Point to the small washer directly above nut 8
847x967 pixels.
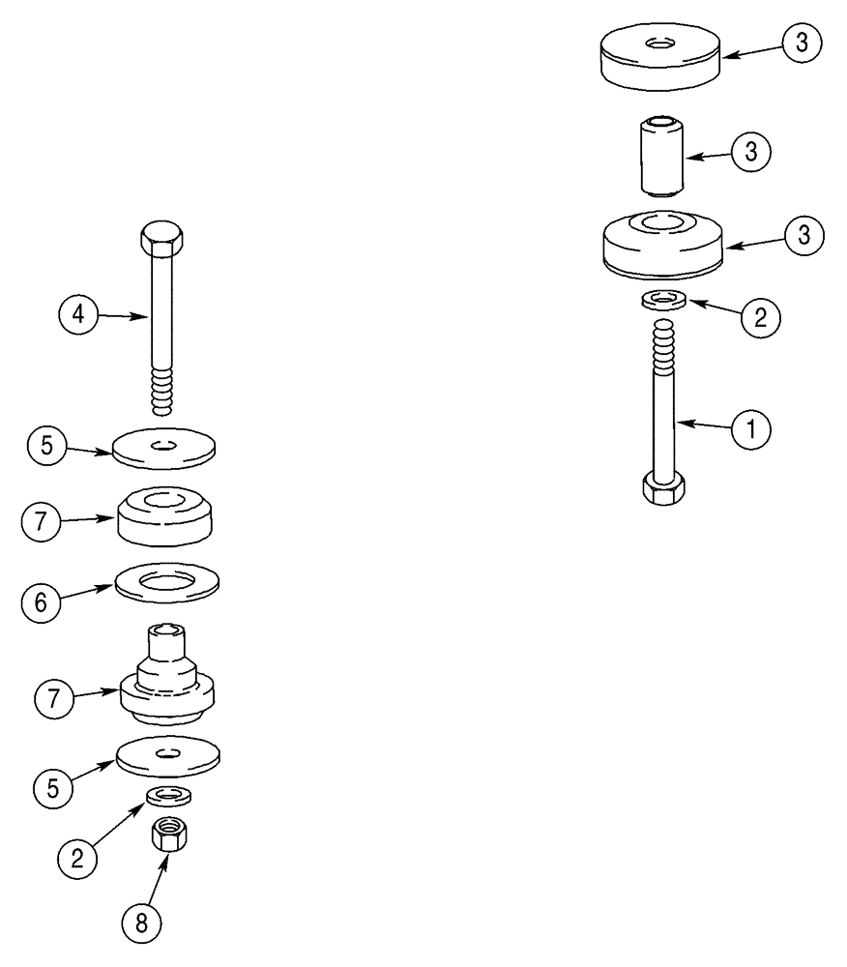click(167, 796)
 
